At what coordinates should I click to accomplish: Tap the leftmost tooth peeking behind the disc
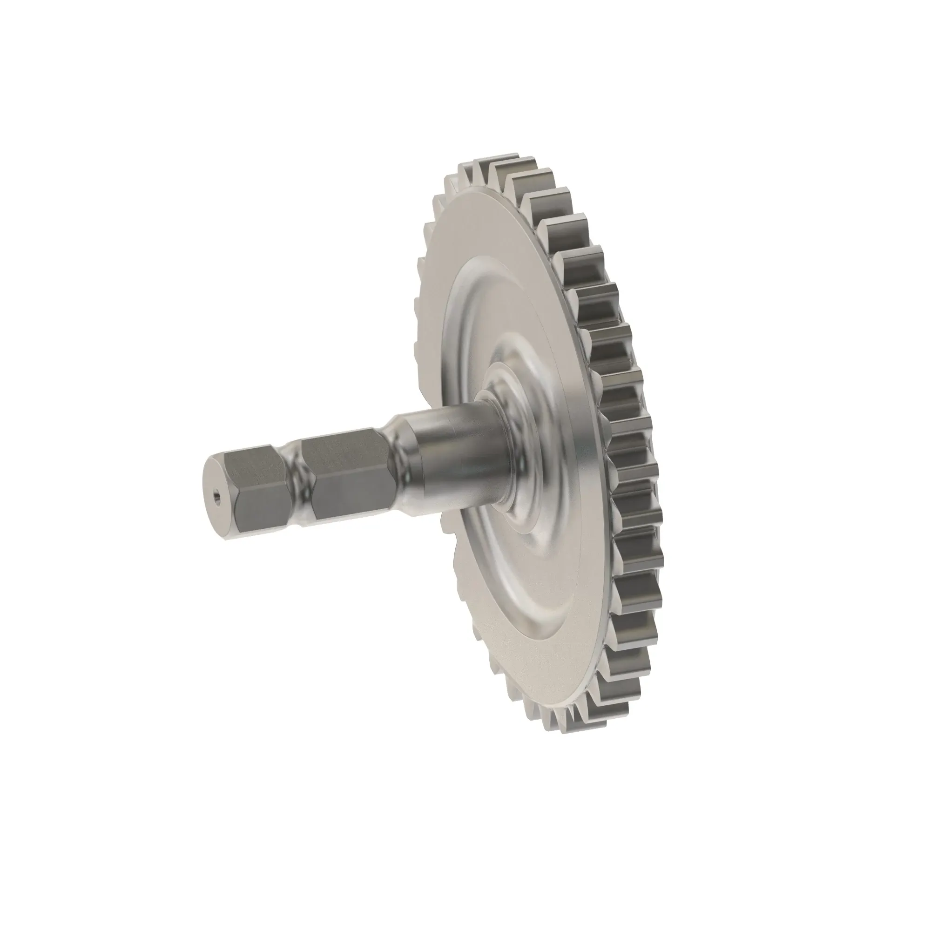click(418, 309)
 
